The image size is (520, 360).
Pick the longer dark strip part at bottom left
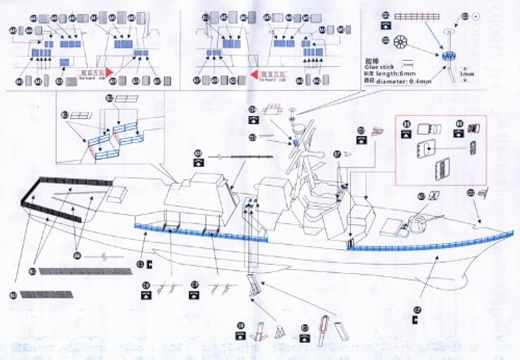(86, 272)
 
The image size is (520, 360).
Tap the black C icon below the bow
(414, 320)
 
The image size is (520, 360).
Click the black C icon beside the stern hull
(150, 265)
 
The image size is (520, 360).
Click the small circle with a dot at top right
(475, 16)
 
